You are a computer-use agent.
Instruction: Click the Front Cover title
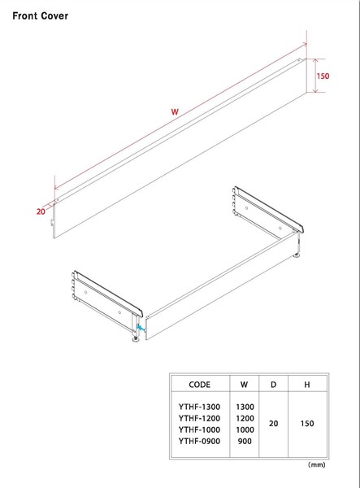pyautogui.click(x=40, y=16)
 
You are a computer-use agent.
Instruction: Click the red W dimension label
pyautogui.click(x=175, y=111)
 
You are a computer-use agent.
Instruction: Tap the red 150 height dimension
pyautogui.click(x=323, y=76)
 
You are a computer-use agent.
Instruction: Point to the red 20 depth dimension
pyautogui.click(x=41, y=211)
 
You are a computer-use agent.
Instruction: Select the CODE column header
pyautogui.click(x=199, y=385)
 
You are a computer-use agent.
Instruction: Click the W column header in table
pyautogui.click(x=244, y=385)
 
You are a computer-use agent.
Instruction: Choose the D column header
pyautogui.click(x=273, y=385)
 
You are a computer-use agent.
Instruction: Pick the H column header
pyautogui.click(x=307, y=385)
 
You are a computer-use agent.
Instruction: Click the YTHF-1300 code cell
pyautogui.click(x=199, y=407)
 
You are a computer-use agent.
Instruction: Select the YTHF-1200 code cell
pyautogui.click(x=199, y=418)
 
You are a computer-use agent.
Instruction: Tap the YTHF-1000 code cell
pyautogui.click(x=199, y=429)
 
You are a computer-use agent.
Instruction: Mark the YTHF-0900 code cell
pyautogui.click(x=199, y=441)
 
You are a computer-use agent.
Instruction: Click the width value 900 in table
pyautogui.click(x=245, y=441)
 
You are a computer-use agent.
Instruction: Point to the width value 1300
pyautogui.click(x=245, y=407)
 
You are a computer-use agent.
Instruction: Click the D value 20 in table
pyautogui.click(x=274, y=424)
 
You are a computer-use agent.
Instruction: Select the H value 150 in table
pyautogui.click(x=307, y=424)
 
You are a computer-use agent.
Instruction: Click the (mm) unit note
pyautogui.click(x=316, y=464)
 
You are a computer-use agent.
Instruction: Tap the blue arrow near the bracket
pyautogui.click(x=141, y=328)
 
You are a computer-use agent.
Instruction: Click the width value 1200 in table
pyautogui.click(x=245, y=418)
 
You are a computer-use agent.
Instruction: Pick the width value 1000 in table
pyautogui.click(x=245, y=429)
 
